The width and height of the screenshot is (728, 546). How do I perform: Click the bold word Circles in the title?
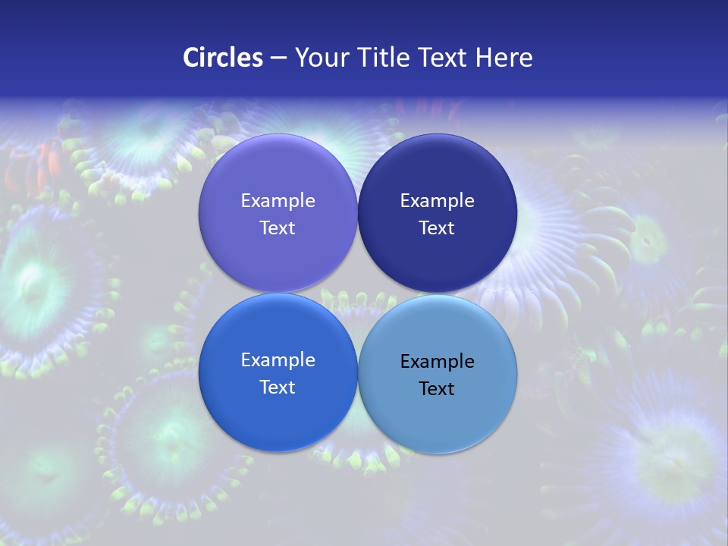pos(222,58)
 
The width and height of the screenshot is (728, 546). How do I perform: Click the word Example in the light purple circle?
pos(278,200)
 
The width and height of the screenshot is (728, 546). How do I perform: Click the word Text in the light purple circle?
pos(278,227)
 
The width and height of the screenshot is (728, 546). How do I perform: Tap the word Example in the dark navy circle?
pos(437,200)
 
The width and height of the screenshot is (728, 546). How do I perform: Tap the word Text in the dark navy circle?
pos(437,227)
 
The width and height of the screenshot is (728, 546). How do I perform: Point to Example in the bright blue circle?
pos(278,359)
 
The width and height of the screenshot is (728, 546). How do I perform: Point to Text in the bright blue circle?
pos(278,387)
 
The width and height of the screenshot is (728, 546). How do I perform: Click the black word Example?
pos(437,361)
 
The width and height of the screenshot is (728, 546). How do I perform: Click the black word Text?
pos(437,388)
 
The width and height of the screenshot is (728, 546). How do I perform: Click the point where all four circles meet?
pos(357,293)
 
